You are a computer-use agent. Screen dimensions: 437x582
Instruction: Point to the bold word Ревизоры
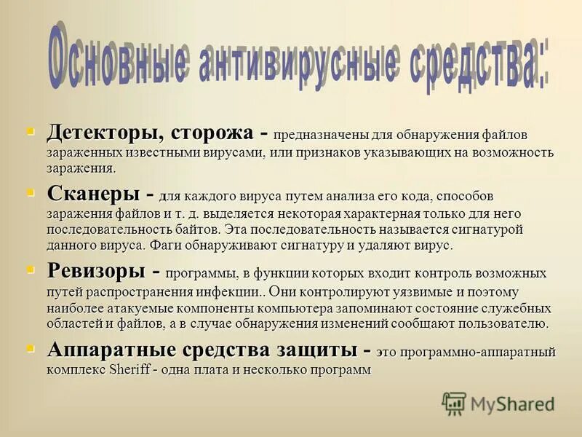pos(96,270)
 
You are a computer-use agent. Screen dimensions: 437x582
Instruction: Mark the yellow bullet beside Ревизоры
pos(31,269)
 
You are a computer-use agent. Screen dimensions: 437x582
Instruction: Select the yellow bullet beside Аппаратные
pos(31,348)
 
